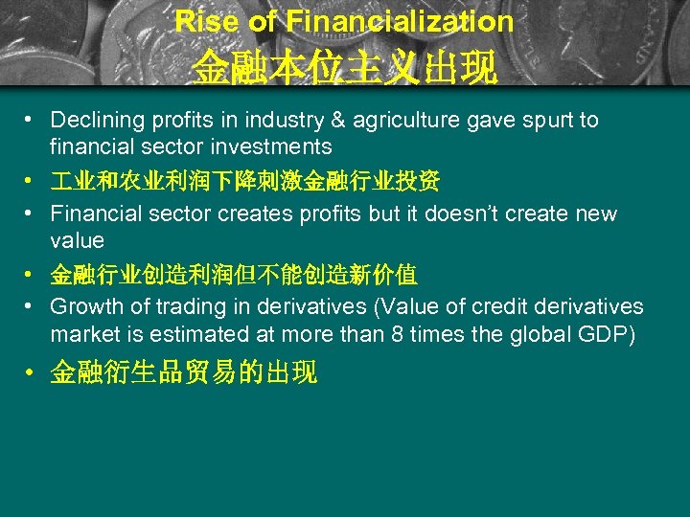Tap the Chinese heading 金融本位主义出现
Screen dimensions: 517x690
pos(344,68)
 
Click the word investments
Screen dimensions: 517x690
pos(278,146)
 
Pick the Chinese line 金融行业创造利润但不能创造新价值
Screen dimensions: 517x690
pos(233,275)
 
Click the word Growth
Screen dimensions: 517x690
pos(85,306)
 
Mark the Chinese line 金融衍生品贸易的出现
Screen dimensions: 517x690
pos(183,373)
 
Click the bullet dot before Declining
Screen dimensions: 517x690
pos(32,120)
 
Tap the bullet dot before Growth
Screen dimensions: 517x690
pos(32,306)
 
